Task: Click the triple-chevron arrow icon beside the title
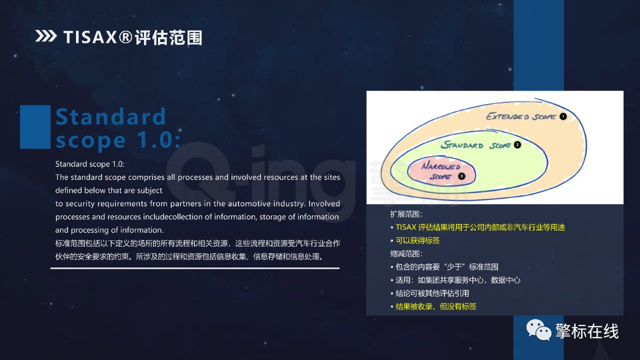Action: pos(46,36)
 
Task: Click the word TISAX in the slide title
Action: pos(90,37)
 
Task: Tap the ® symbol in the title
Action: pos(125,37)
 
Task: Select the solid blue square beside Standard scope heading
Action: pos(35,127)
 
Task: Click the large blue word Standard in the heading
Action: pos(110,116)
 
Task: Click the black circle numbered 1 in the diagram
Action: pos(563,116)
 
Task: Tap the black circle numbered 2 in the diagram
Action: pos(517,145)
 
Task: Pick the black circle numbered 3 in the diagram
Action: pos(461,176)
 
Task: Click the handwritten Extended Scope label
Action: pos(521,116)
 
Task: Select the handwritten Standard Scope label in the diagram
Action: pos(475,145)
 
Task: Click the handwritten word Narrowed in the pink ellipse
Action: pos(441,166)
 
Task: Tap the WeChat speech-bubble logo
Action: pos(539,330)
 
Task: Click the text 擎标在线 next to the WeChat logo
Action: pos(587,331)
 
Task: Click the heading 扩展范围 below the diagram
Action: pos(406,214)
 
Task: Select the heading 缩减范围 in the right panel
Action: pos(406,253)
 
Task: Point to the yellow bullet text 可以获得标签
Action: pos(417,240)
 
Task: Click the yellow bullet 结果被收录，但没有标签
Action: pos(436,306)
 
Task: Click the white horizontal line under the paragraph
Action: pos(195,268)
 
